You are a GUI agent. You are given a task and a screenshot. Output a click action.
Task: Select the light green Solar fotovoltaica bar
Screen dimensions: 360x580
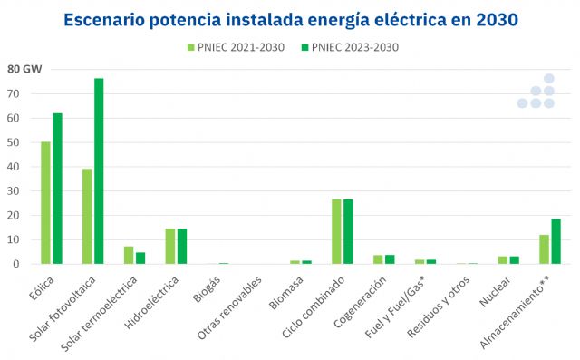(87, 217)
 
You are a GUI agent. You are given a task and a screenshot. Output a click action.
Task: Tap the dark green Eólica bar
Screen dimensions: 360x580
(57, 189)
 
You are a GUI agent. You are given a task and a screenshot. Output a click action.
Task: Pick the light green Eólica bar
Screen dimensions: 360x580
(45, 203)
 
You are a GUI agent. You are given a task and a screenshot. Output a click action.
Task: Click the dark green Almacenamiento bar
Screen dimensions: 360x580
(556, 241)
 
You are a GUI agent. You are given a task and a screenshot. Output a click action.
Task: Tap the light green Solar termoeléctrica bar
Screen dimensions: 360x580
(129, 255)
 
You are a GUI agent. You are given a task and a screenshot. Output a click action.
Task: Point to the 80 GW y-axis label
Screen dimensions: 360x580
(24, 69)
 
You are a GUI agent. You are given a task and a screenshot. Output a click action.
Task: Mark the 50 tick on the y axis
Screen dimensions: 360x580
(13, 142)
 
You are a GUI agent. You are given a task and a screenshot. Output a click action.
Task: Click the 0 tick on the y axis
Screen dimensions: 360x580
(16, 264)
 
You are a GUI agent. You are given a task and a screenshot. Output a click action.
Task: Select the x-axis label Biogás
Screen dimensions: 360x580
(208, 287)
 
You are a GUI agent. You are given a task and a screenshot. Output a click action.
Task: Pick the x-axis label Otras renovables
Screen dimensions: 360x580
(232, 305)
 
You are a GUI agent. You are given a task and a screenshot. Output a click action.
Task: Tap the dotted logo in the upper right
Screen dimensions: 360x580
(536, 92)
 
